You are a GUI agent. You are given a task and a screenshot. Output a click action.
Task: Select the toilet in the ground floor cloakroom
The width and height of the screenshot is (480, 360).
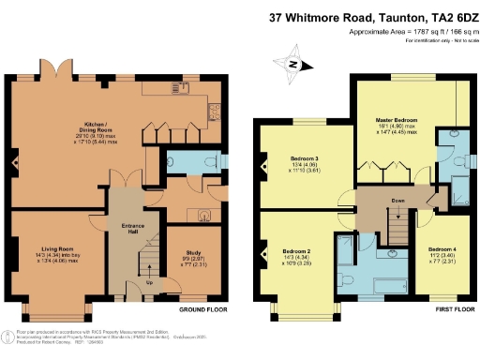tap(179, 160)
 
